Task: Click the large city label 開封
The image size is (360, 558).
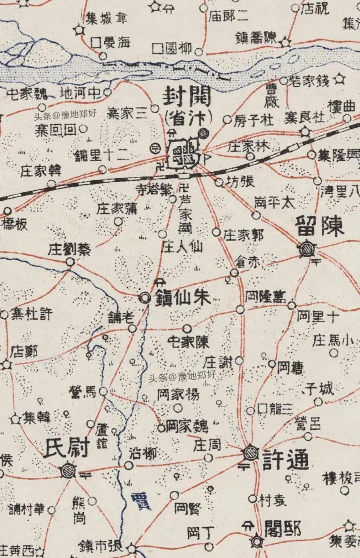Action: click(187, 96)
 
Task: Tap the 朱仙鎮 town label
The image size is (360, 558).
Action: click(183, 298)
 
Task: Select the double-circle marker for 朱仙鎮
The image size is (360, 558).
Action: click(144, 298)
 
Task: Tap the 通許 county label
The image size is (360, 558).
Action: click(286, 459)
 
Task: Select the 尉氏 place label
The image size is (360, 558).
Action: click(67, 448)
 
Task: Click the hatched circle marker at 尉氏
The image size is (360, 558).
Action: click(68, 470)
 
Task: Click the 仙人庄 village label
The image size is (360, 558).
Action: click(182, 247)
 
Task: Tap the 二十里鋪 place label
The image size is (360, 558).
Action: click(101, 156)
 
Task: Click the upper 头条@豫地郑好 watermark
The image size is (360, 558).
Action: click(65, 116)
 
